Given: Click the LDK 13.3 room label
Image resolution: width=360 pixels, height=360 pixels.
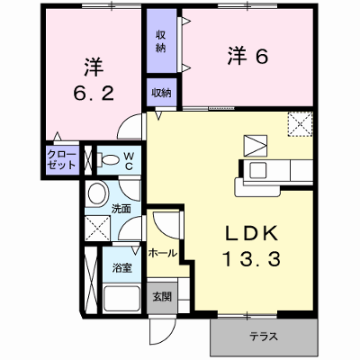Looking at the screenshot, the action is (251, 246).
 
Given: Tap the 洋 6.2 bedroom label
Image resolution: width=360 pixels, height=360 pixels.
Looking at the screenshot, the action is (94, 80).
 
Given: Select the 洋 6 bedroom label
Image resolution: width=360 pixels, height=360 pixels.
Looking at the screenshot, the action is (247, 56).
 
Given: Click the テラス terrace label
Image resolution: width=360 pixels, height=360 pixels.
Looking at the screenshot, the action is (264, 337).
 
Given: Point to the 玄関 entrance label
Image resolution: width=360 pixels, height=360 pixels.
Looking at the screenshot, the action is (162, 296).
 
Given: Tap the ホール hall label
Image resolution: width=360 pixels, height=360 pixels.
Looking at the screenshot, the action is (162, 253).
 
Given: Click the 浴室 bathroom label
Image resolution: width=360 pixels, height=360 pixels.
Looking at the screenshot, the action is (122, 268).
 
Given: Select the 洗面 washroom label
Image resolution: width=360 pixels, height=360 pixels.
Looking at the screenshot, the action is (121, 209).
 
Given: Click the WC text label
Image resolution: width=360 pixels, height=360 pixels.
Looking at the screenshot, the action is (129, 161).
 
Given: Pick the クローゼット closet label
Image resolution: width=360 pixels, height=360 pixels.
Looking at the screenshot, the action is (62, 160).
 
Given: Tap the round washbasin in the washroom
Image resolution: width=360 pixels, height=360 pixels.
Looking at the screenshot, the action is (97, 193).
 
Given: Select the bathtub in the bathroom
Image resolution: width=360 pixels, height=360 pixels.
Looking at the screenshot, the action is (121, 299).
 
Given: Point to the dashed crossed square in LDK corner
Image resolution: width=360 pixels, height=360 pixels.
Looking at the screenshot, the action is (301, 124).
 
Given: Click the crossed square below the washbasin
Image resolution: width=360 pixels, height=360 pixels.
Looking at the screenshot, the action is (97, 228).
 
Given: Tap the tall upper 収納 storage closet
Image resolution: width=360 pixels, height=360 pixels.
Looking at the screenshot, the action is (161, 40).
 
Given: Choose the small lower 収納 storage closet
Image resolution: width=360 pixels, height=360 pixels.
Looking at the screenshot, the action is (161, 93).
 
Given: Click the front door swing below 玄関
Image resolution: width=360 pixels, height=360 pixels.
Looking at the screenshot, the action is (163, 330).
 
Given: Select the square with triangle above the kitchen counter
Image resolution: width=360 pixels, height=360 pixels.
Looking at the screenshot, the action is (256, 146).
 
